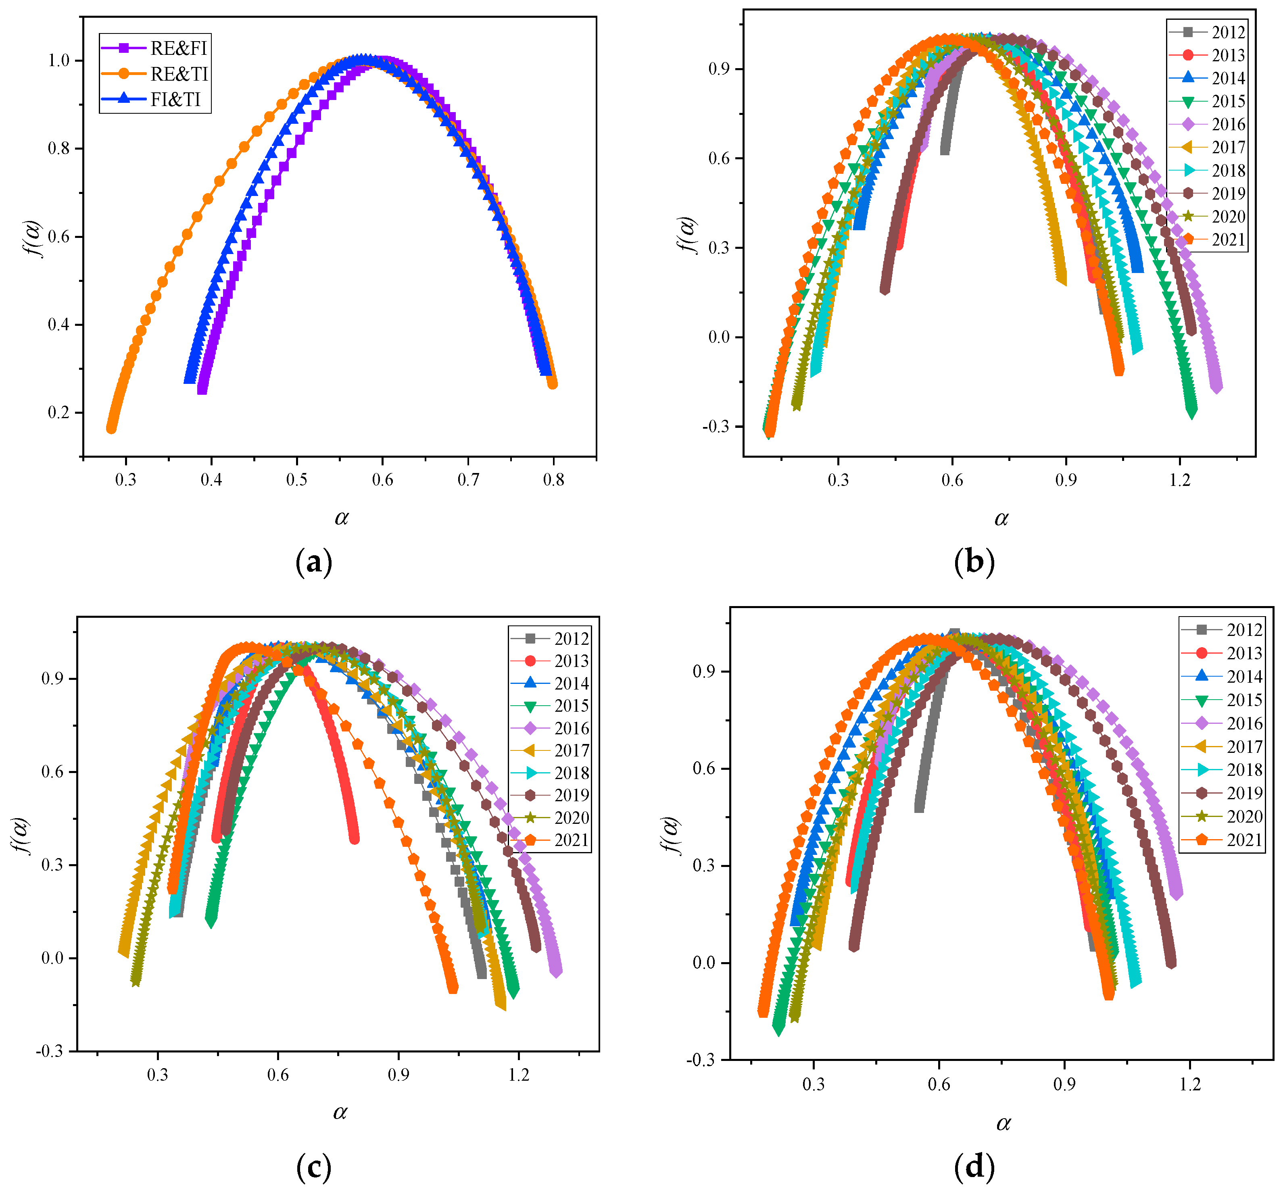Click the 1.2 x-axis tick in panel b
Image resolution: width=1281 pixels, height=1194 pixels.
[1180, 480]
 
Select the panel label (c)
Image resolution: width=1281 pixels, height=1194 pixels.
[314, 1167]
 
